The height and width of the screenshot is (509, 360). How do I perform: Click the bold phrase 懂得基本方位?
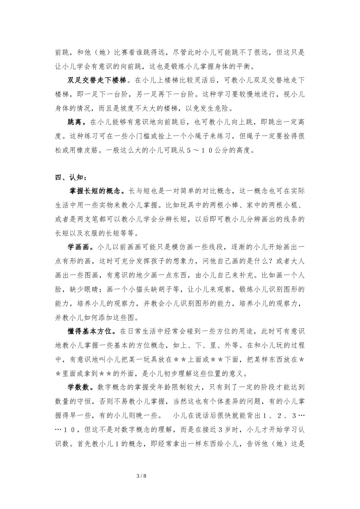[91, 331]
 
